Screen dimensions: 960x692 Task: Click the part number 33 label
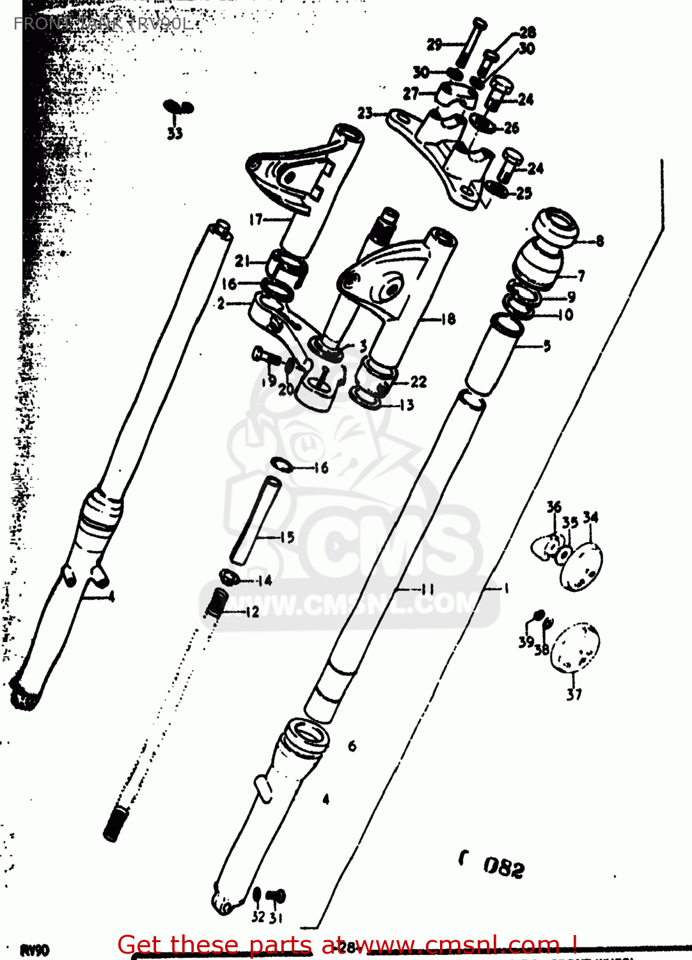(175, 133)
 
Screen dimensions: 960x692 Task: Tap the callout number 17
(256, 220)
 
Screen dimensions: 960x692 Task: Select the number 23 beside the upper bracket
(365, 113)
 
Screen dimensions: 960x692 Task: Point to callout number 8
(599, 241)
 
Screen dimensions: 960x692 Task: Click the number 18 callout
(448, 318)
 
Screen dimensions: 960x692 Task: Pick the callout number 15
(287, 537)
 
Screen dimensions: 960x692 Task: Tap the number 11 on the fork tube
(427, 589)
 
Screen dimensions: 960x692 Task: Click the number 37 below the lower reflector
(574, 694)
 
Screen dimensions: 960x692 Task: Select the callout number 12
(253, 612)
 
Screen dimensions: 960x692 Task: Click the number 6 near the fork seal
(352, 746)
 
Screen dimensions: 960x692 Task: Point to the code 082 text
(503, 867)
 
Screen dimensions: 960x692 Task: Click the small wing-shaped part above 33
(177, 107)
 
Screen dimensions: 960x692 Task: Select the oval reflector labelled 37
(576, 648)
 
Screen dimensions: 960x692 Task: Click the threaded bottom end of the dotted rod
(115, 823)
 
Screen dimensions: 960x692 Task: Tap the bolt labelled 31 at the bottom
(276, 896)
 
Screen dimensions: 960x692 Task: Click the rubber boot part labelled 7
(539, 264)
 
